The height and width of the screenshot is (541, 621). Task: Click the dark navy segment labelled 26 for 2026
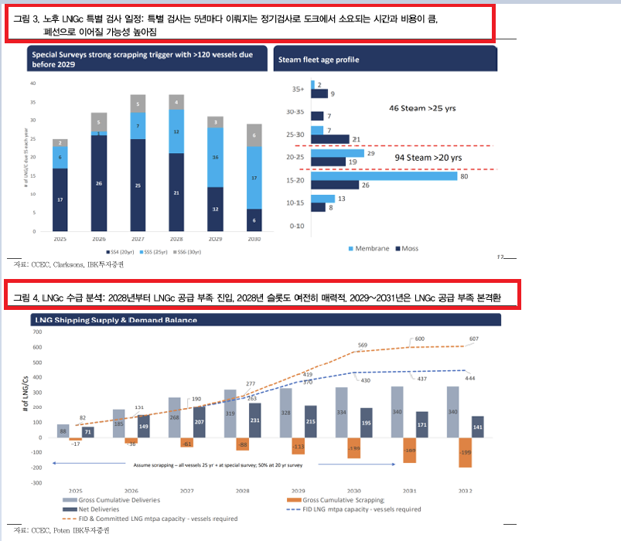[x=98, y=183]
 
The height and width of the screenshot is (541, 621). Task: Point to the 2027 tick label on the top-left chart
[x=138, y=240]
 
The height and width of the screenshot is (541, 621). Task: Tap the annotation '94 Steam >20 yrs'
[x=428, y=158]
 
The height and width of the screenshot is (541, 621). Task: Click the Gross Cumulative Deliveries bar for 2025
[x=63, y=430]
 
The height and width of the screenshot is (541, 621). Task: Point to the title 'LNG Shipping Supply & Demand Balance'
[x=114, y=320]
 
